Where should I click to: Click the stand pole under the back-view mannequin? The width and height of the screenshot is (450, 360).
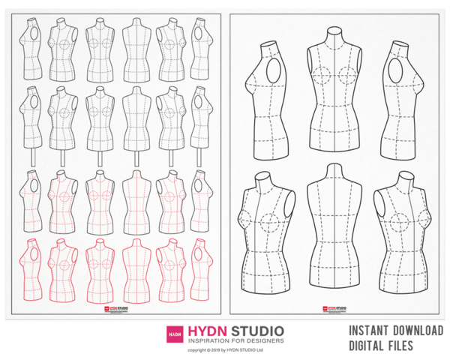click(136, 158)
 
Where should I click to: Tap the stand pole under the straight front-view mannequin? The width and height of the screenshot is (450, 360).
click(99, 158)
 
